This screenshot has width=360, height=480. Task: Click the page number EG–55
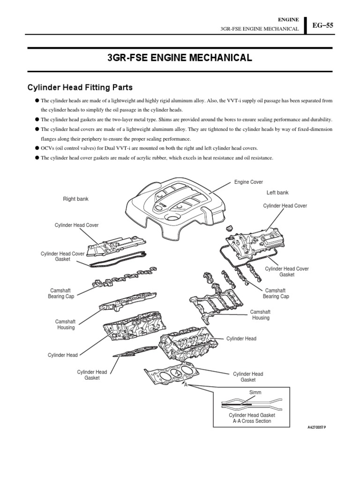click(323, 26)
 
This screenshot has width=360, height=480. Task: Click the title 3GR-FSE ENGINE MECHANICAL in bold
click(180, 58)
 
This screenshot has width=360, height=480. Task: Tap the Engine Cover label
click(249, 182)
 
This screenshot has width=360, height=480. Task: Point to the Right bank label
click(75, 199)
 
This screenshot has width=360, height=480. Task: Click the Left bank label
click(277, 193)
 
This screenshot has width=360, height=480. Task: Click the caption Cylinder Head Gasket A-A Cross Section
click(252, 418)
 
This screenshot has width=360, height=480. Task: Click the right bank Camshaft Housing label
click(66, 324)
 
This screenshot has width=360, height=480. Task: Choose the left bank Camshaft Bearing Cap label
click(276, 293)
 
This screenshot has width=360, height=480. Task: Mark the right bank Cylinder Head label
click(62, 355)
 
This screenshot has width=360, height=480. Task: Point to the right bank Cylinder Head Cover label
click(76, 225)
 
